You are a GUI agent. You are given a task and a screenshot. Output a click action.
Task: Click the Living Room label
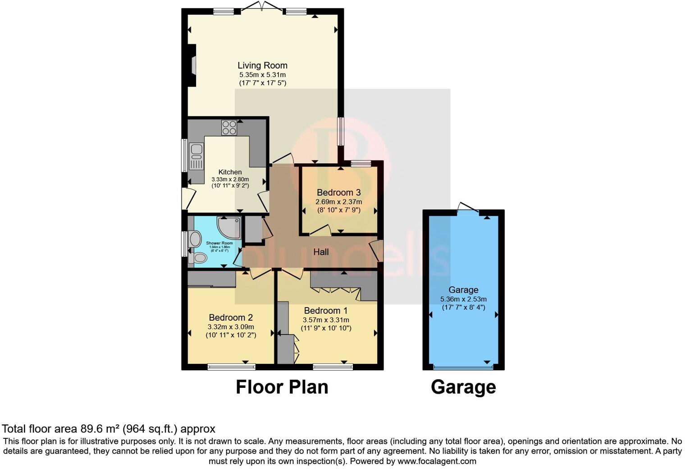(262, 65)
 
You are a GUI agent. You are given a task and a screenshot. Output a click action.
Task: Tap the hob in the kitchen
(229, 128)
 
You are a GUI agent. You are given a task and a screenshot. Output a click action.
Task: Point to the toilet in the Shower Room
(198, 258)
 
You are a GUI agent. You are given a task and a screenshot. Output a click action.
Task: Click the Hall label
(321, 252)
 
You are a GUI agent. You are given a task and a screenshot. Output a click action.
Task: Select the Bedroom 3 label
(338, 193)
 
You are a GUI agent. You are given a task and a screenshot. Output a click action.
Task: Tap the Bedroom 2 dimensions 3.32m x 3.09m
(231, 327)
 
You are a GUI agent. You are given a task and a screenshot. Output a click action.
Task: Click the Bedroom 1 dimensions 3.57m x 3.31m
(326, 320)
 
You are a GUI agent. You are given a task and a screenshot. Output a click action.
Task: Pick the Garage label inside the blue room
(463, 290)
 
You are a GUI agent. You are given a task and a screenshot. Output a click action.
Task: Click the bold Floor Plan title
(282, 387)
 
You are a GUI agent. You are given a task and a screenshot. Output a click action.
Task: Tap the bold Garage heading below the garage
(463, 387)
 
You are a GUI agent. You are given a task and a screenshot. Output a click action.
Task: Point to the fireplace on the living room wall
(193, 65)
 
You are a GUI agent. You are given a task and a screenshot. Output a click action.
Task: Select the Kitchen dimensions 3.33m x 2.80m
(230, 179)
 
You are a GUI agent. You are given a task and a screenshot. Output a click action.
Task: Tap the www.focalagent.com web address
(436, 461)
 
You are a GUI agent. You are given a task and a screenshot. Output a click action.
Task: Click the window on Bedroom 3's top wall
(361, 163)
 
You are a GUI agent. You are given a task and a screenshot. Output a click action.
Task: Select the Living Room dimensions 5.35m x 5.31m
(262, 75)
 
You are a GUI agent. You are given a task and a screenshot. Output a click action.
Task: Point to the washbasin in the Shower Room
(195, 239)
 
